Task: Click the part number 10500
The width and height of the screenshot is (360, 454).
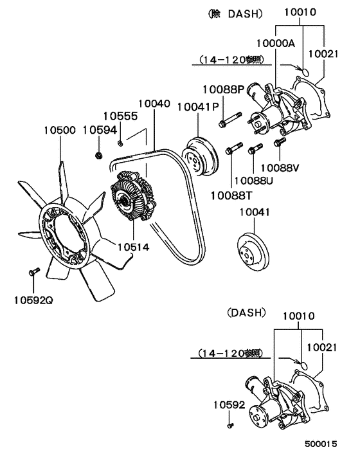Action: (x=60, y=129)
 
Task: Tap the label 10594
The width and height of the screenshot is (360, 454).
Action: (x=100, y=129)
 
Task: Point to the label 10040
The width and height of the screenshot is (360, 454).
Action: (x=154, y=103)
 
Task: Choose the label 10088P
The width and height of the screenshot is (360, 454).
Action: (x=222, y=90)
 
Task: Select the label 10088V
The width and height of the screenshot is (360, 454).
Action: (x=281, y=168)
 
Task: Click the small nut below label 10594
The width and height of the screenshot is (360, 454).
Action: (x=99, y=154)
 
